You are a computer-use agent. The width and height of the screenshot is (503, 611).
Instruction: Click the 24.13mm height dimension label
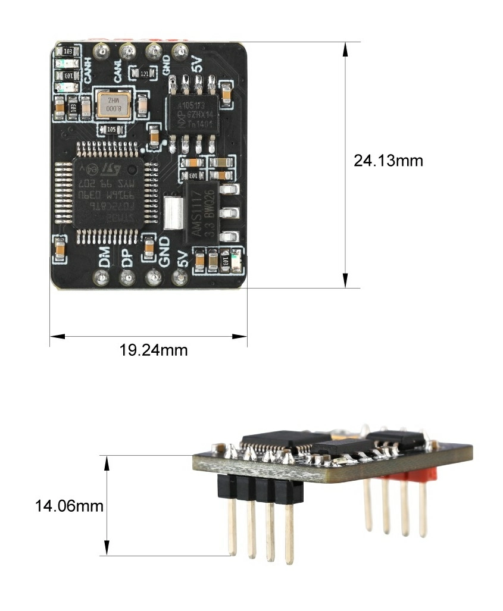pyautogui.click(x=388, y=161)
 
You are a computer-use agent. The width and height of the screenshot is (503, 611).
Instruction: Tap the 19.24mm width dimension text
pyautogui.click(x=154, y=350)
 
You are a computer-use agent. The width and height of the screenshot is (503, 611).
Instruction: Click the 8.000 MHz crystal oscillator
pyautogui.click(x=112, y=105)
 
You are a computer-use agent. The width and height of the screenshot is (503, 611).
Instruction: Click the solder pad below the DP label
pyautogui.click(x=127, y=277)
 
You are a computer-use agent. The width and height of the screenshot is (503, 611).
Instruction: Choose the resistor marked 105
pyautogui.click(x=111, y=129)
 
